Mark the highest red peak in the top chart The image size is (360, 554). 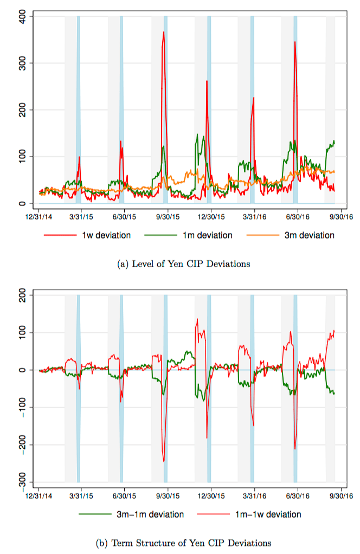coord(163,32)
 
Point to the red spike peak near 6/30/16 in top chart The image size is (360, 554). coord(295,42)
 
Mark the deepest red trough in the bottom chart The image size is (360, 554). coord(164,461)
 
